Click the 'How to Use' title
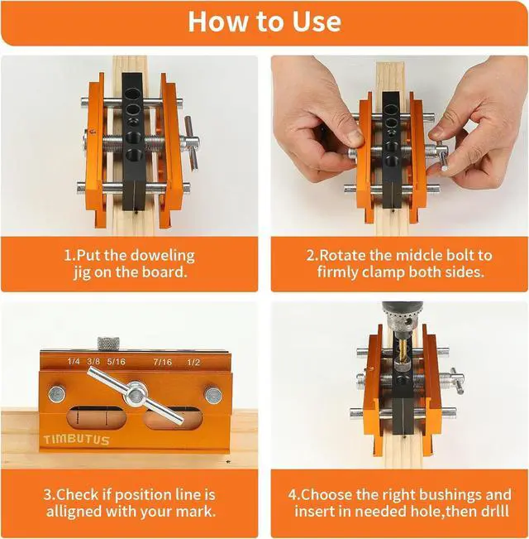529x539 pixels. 264,21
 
